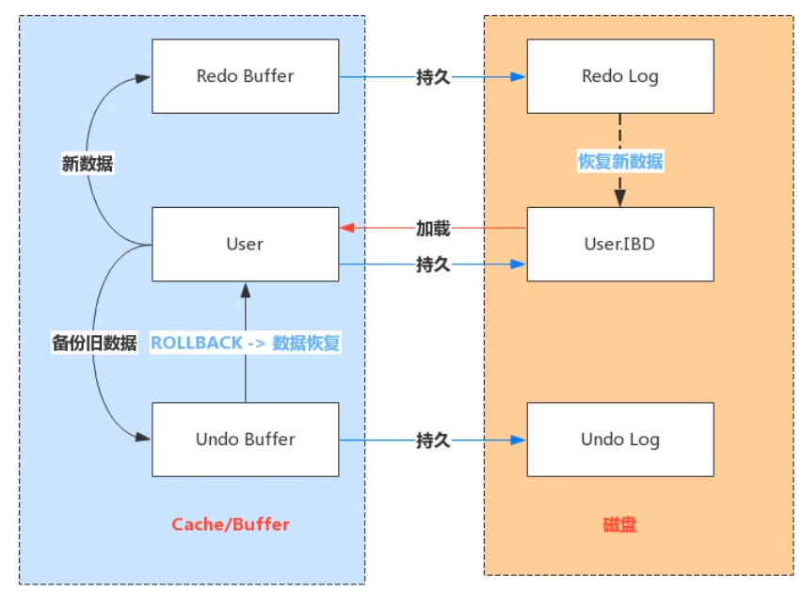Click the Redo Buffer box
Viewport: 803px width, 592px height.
click(x=246, y=76)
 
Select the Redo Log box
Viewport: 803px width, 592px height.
click(x=620, y=76)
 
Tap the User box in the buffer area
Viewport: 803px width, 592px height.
click(x=246, y=245)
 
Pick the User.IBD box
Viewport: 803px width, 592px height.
click(x=620, y=245)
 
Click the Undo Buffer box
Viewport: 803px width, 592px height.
click(x=246, y=440)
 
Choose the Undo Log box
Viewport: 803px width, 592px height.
click(x=620, y=440)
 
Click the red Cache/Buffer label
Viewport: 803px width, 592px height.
click(x=231, y=524)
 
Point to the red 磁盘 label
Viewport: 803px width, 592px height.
click(x=619, y=524)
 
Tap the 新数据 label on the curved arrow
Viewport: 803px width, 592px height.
click(x=88, y=164)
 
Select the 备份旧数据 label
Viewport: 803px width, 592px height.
click(x=94, y=343)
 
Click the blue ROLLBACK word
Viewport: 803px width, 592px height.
click(x=197, y=343)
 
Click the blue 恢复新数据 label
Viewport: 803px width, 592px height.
click(x=620, y=161)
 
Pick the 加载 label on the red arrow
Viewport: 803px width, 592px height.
click(x=433, y=229)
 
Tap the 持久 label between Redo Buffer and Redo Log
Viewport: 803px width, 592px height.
click(x=433, y=77)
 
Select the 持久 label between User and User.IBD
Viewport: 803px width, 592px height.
click(x=433, y=264)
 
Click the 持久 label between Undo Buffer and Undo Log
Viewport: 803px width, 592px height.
click(x=433, y=440)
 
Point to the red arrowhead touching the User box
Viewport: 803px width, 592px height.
click(x=346, y=228)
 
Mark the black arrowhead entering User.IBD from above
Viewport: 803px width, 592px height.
click(x=620, y=199)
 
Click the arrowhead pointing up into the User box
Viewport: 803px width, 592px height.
click(x=246, y=291)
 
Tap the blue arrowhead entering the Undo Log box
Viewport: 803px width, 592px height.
click(x=519, y=440)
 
